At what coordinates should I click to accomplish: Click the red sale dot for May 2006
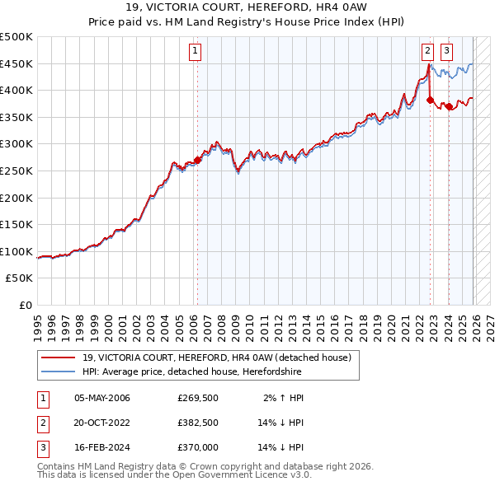click(x=198, y=161)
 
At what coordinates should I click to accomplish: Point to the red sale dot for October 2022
click(x=430, y=100)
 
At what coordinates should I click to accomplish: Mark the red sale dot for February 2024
click(x=449, y=106)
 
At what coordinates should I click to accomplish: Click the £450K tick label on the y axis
click(x=16, y=63)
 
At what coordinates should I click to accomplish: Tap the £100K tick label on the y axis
click(x=16, y=251)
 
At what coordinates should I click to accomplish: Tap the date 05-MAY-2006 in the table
click(x=101, y=398)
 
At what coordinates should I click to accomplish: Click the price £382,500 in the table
click(x=198, y=423)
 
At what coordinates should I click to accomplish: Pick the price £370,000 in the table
click(x=198, y=447)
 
